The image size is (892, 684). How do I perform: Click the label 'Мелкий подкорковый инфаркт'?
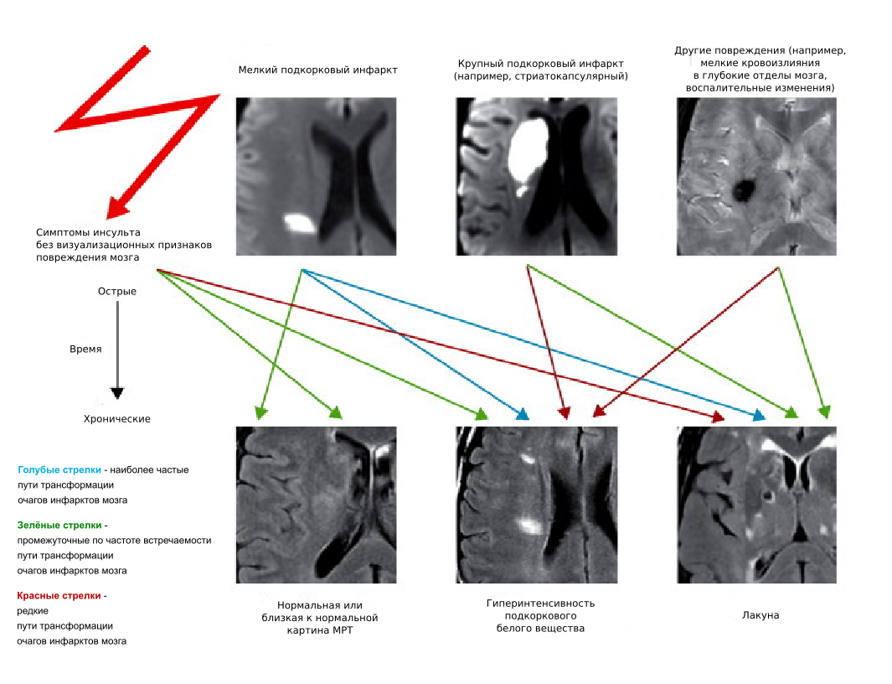click(x=317, y=70)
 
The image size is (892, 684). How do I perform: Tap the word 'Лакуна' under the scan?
click(x=761, y=615)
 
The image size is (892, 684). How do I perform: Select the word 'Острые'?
click(x=117, y=292)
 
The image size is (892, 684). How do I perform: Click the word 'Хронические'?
click(x=117, y=418)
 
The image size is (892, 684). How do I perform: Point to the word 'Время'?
click(x=85, y=349)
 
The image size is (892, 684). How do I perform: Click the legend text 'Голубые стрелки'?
click(x=59, y=470)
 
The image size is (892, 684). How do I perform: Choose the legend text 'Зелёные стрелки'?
click(x=59, y=525)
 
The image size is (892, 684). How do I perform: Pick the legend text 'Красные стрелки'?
click(x=59, y=596)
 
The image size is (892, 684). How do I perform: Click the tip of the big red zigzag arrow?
click(x=108, y=218)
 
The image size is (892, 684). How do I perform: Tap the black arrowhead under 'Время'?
click(x=117, y=393)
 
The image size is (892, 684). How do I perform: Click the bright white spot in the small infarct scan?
click(x=299, y=223)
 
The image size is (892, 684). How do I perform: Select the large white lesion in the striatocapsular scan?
click(x=528, y=148)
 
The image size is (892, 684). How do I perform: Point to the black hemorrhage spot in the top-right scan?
click(x=743, y=189)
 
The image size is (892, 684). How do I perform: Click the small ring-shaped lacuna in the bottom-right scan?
click(x=768, y=495)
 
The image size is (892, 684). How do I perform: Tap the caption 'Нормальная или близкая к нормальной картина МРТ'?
click(x=319, y=618)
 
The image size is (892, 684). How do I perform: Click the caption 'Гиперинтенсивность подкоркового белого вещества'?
click(x=540, y=615)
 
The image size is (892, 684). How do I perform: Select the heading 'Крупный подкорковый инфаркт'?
click(x=540, y=64)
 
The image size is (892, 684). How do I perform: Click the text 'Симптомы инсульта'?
click(x=88, y=232)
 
